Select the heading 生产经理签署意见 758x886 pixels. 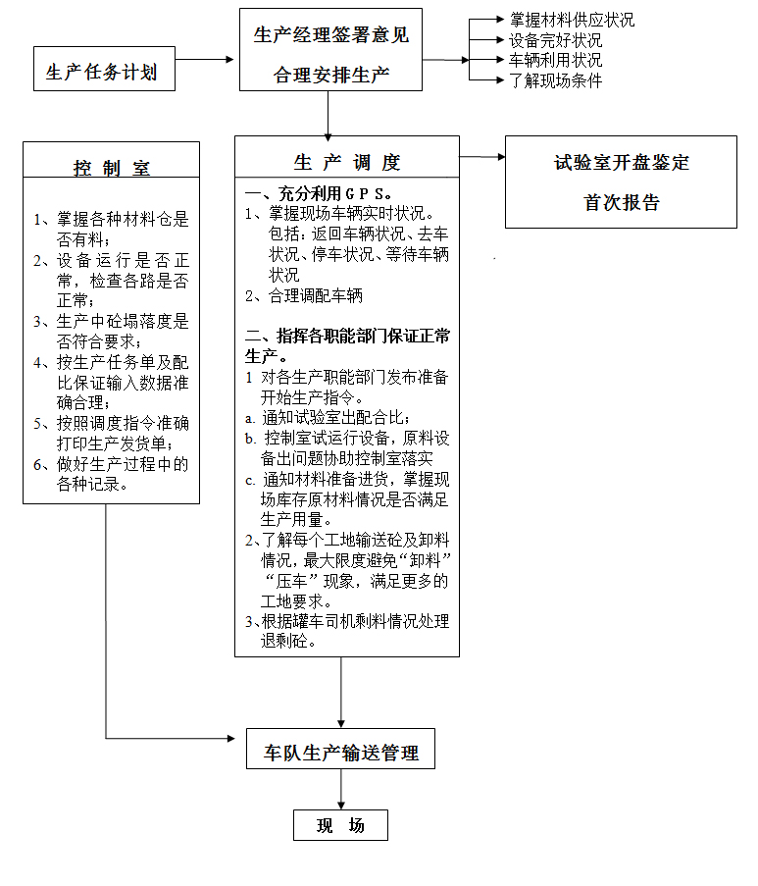[331, 35]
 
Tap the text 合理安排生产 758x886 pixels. [331, 74]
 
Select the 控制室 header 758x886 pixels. [111, 168]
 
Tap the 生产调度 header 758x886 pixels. [347, 163]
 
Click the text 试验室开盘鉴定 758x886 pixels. [622, 163]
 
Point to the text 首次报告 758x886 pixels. [622, 203]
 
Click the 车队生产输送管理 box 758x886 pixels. [340, 753]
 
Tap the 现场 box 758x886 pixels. [340, 825]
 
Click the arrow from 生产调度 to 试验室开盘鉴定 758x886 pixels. [481, 156]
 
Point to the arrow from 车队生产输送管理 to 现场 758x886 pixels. [340, 789]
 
